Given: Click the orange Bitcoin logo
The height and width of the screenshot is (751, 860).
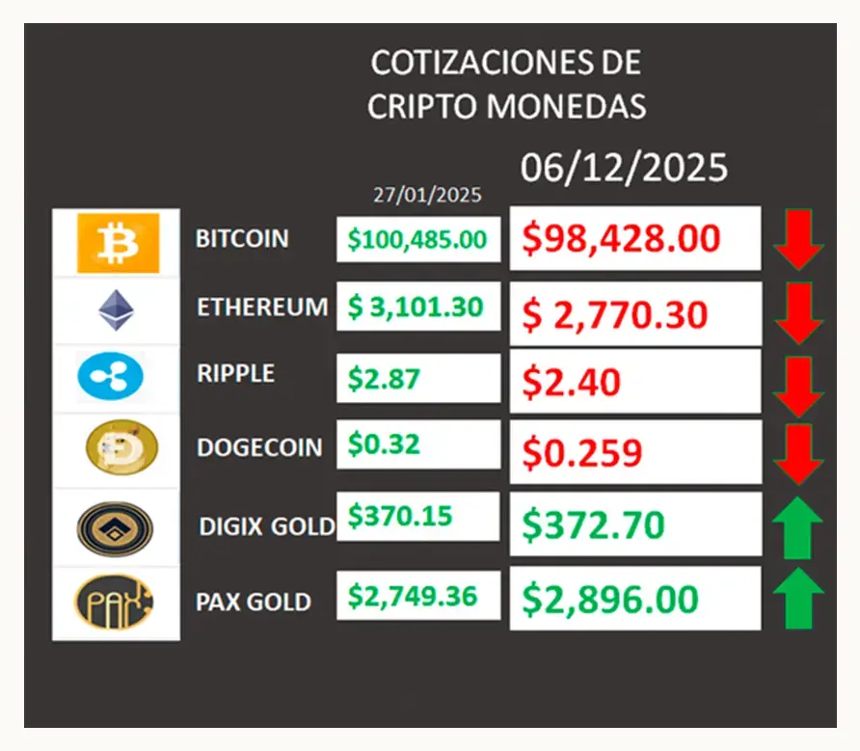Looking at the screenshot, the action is [118, 243].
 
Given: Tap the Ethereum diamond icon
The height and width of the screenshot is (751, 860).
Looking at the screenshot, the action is [116, 310].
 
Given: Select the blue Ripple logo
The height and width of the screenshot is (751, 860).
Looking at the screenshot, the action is [110, 376].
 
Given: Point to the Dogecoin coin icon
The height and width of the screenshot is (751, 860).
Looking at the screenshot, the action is [121, 447].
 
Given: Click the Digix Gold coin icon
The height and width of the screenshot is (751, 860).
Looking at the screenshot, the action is [115, 529].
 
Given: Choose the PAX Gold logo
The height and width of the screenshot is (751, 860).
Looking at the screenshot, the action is [114, 602].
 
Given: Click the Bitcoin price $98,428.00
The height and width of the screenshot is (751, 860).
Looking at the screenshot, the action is [621, 239].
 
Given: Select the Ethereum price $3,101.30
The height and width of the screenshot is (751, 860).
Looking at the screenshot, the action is [416, 307].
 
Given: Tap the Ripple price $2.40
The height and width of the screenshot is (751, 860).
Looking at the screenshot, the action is [571, 382].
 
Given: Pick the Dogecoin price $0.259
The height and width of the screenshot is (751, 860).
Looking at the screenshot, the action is [581, 453].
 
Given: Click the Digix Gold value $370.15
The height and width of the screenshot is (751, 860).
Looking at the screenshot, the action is [400, 516].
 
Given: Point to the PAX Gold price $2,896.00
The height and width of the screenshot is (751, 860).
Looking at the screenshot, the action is [610, 599].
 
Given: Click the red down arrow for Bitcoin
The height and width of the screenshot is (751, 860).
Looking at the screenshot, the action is [798, 239].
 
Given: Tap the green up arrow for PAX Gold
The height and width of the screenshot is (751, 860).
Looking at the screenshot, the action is [798, 598].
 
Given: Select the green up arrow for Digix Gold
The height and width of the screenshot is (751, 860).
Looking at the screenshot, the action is [798, 527].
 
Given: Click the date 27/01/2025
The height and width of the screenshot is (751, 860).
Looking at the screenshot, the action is [427, 195].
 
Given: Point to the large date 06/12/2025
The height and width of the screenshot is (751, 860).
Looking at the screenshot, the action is [624, 168].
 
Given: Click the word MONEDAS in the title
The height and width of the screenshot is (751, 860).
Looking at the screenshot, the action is [567, 106].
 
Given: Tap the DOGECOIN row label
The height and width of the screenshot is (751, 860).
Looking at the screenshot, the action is [259, 447].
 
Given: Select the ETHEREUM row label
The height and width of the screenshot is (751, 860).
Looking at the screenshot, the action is [262, 308].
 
